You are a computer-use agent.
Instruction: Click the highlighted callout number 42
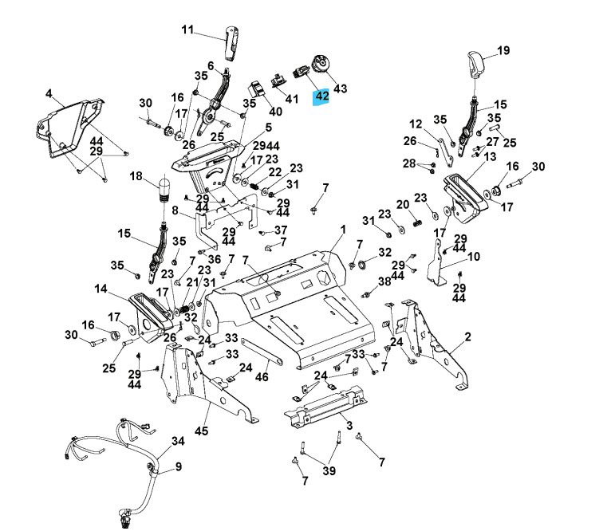[321, 96]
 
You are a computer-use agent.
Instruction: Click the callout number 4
[49, 93]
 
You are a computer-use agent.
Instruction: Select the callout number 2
[490, 336]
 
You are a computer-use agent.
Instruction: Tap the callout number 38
[384, 281]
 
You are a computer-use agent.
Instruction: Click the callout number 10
[473, 257]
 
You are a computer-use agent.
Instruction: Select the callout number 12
[416, 124]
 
